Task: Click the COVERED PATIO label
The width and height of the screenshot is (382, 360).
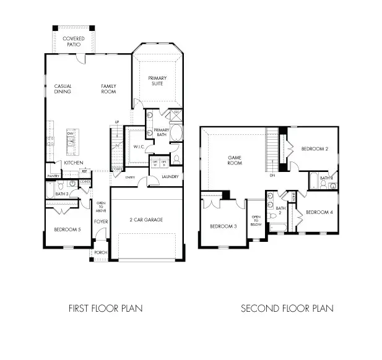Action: pyautogui.click(x=74, y=41)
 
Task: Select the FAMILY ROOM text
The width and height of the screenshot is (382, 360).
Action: pyautogui.click(x=109, y=88)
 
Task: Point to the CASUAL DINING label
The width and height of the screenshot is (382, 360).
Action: pyautogui.click(x=63, y=88)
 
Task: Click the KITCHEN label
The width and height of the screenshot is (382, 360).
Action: pyautogui.click(x=74, y=163)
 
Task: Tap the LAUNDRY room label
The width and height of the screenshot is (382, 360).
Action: pyautogui.click(x=170, y=178)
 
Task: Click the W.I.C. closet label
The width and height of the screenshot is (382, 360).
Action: pyautogui.click(x=139, y=147)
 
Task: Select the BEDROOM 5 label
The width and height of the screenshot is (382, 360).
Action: pyautogui.click(x=67, y=229)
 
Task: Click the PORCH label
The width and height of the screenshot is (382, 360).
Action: pyautogui.click(x=100, y=252)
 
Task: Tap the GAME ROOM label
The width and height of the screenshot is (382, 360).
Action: pyautogui.click(x=234, y=160)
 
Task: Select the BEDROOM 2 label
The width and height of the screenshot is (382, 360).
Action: pyautogui.click(x=314, y=149)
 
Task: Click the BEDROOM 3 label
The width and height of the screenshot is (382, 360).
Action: pyautogui.click(x=223, y=226)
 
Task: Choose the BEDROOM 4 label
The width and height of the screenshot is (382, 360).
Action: pyautogui.click(x=319, y=212)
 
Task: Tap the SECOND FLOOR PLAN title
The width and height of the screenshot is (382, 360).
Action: pyautogui.click(x=287, y=308)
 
